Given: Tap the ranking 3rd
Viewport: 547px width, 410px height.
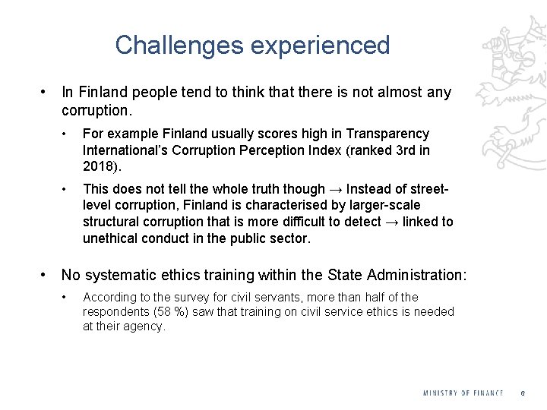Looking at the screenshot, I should pyautogui.click(x=401, y=150).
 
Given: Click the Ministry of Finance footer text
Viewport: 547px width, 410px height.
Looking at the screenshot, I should pyautogui.click(x=463, y=393).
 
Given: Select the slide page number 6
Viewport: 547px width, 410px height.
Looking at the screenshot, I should pyautogui.click(x=523, y=393).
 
